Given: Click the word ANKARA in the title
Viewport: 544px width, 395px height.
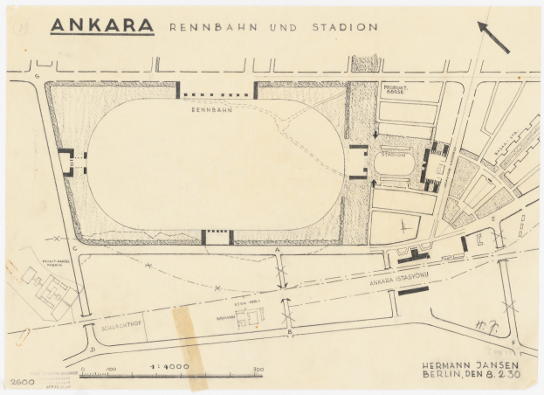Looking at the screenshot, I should (x=101, y=24).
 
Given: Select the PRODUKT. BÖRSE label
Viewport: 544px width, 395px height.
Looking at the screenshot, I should (x=400, y=91).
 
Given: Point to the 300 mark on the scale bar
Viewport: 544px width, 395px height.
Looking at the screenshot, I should (x=258, y=370).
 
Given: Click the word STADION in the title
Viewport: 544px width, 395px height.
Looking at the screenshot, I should (x=345, y=27).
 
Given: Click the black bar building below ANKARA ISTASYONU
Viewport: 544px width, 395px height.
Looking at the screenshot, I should (x=413, y=289).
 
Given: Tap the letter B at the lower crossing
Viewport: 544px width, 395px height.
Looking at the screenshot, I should (x=289, y=332).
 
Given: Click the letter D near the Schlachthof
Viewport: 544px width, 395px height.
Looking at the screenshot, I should (x=93, y=348).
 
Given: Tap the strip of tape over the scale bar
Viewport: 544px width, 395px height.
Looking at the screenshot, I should (x=191, y=345).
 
